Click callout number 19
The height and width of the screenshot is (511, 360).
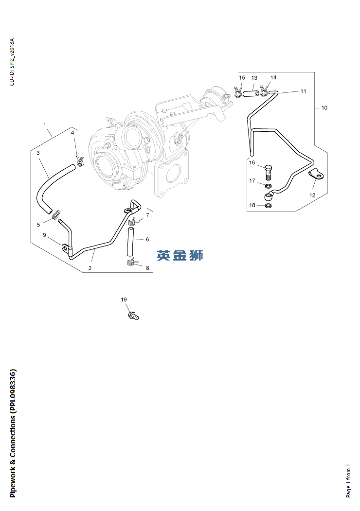(x=124, y=300)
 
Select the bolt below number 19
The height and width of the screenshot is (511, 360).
(x=134, y=316)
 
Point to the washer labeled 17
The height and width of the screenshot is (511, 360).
(x=268, y=186)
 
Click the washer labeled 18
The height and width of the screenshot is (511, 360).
(x=269, y=206)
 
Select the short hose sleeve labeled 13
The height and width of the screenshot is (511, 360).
(x=251, y=94)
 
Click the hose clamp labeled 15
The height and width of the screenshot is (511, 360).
(x=238, y=92)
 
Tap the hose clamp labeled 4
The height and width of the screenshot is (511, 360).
(x=80, y=160)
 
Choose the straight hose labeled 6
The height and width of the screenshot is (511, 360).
(x=130, y=243)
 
